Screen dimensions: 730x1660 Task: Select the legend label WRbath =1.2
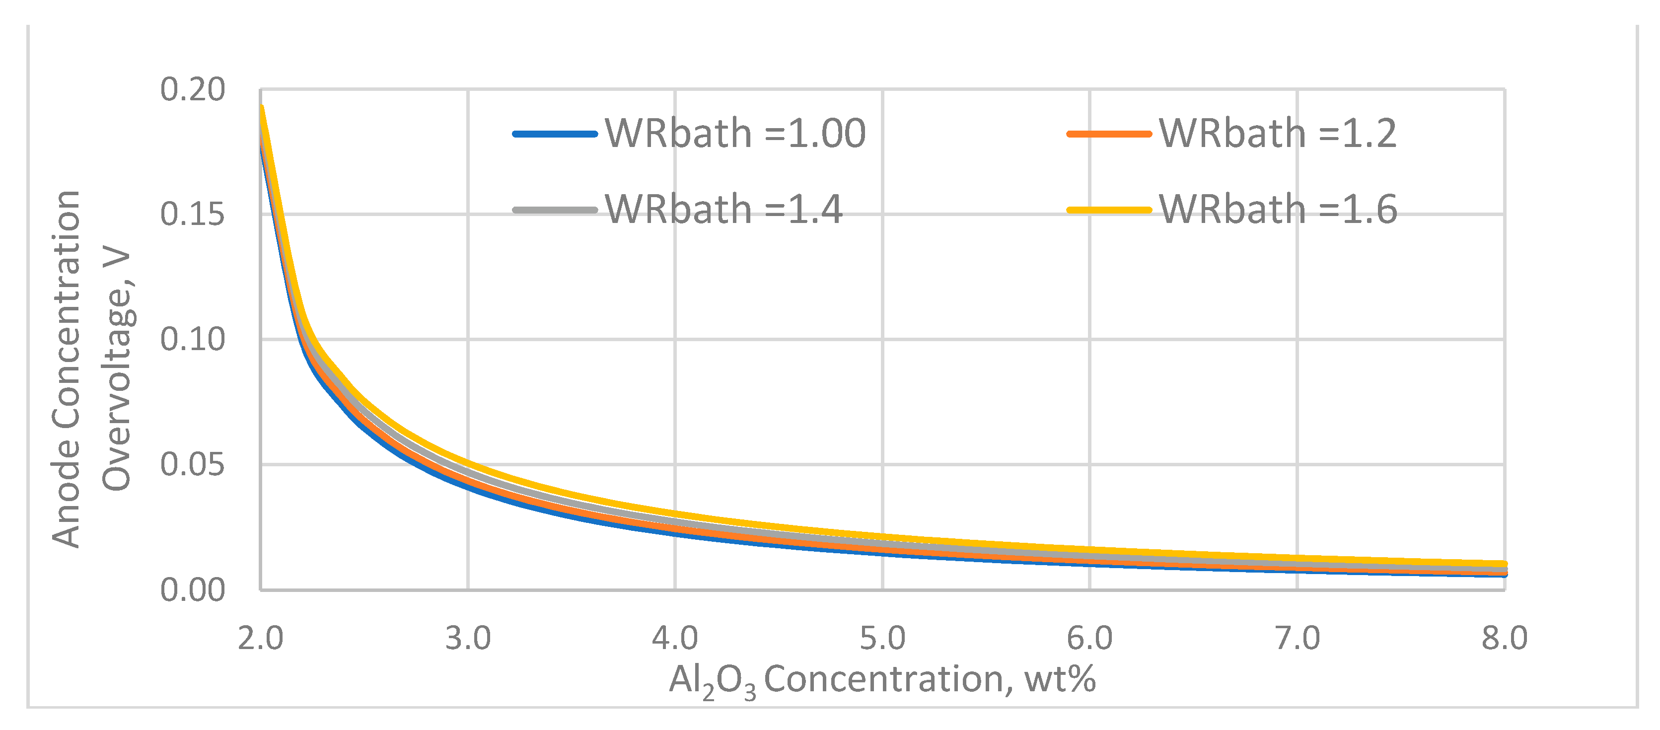[x=1277, y=134]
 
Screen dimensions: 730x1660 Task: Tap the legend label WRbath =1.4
[x=723, y=210]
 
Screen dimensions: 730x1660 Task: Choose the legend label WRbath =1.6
[x=1277, y=210]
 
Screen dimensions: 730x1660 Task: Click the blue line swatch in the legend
[x=555, y=134]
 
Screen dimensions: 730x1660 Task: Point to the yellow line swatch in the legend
[x=1109, y=210]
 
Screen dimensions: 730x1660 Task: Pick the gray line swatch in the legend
[x=555, y=210]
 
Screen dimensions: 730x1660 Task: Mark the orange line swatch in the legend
[x=1109, y=134]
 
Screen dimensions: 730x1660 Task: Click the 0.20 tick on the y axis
[x=192, y=89]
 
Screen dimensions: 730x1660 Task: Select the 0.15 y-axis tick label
[x=192, y=214]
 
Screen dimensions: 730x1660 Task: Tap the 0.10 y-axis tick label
[x=192, y=340]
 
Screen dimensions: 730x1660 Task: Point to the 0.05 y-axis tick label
[x=192, y=464]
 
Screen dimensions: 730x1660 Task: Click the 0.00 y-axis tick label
[x=192, y=590]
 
